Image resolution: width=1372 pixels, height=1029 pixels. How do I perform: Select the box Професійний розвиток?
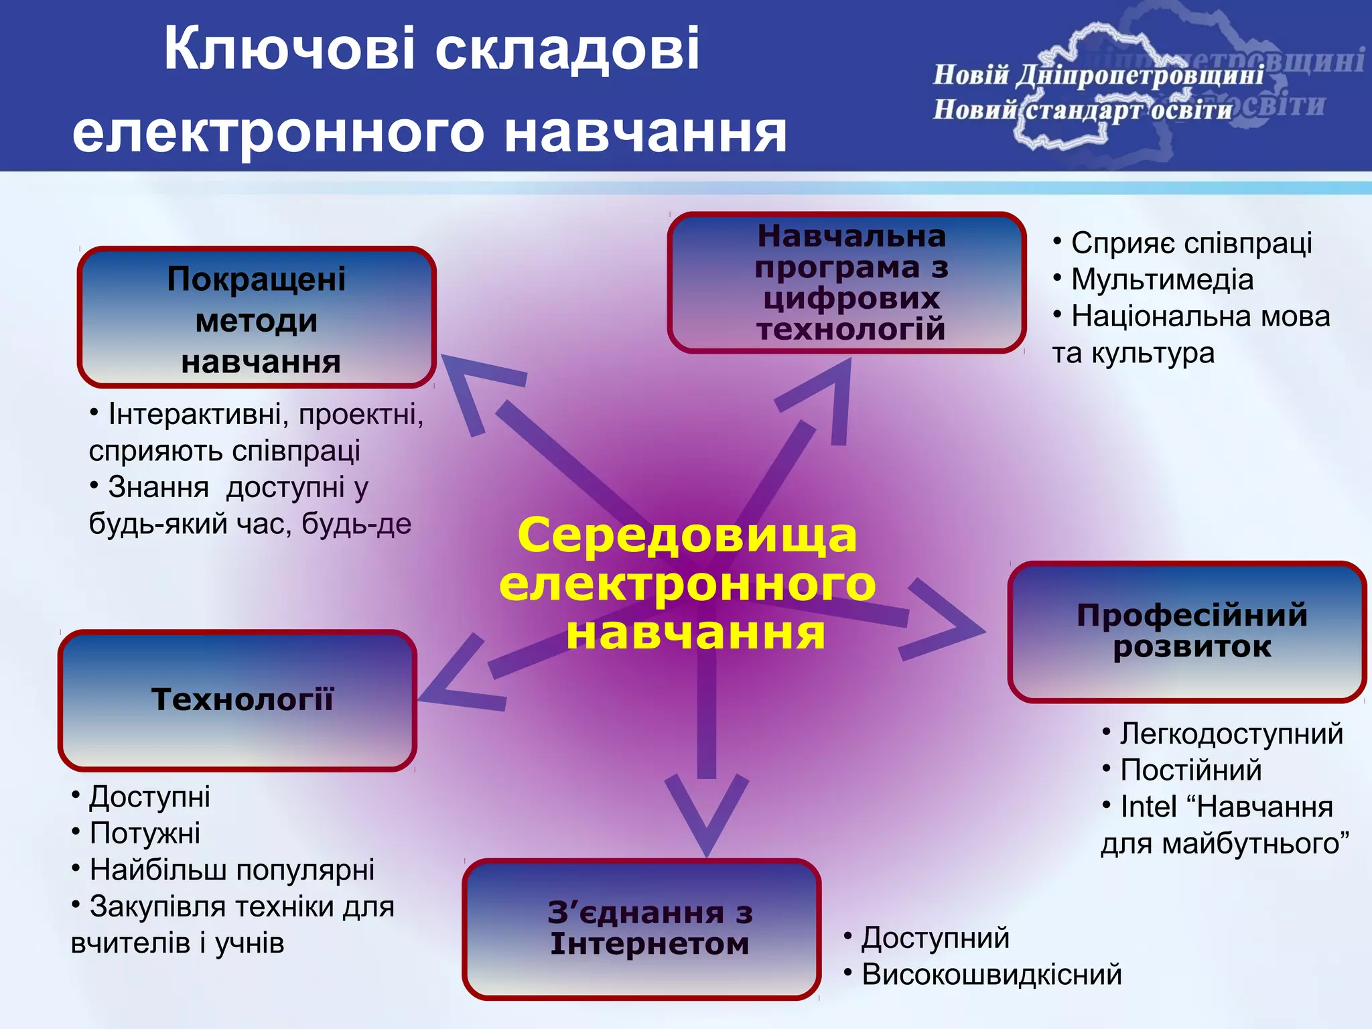pos(1186,632)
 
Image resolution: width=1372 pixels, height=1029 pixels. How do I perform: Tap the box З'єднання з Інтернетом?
pos(641,929)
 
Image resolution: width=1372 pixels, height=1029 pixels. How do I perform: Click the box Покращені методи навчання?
pos(257,318)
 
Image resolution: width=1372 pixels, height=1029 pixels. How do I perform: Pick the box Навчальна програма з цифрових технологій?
pos(847,282)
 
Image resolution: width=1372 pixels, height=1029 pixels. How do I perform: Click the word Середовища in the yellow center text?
pos(687,535)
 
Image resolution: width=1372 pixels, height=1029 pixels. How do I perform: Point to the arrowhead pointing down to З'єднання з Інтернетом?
pos(707,821)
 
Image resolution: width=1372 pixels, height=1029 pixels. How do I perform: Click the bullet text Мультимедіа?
pos(1162,280)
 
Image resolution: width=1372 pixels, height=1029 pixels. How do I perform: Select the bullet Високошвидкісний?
pos(991,974)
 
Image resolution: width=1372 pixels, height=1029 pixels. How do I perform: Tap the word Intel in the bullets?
pos(1148,807)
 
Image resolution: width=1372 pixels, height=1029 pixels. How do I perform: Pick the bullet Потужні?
pos(145,833)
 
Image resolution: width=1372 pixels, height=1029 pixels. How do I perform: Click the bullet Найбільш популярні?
pos(232,870)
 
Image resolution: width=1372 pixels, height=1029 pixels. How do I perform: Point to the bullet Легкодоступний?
pos(1231,734)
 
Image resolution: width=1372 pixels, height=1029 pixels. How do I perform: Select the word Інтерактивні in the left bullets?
pos(194,415)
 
